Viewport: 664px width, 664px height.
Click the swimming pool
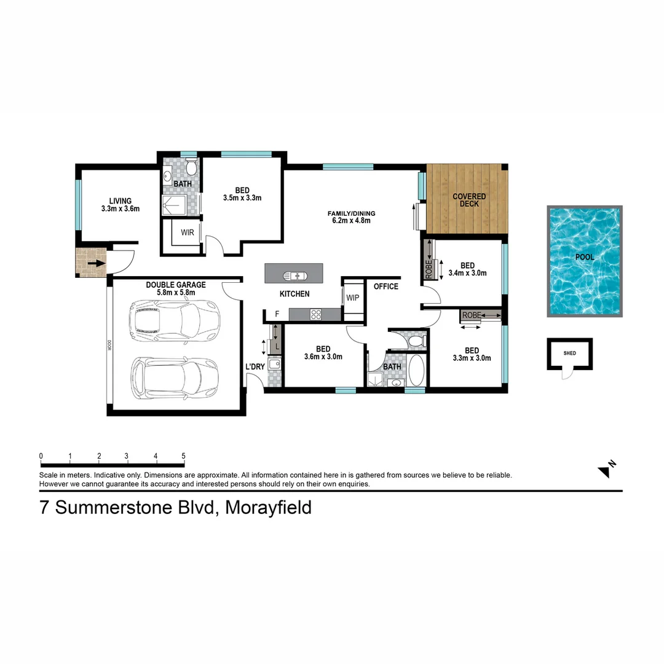(585, 261)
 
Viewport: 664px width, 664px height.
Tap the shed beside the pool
(570, 354)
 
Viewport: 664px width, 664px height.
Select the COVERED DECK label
(469, 200)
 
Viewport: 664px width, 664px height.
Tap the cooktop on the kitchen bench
(316, 314)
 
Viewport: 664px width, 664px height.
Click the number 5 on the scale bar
(183, 456)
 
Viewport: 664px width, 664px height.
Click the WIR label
(188, 233)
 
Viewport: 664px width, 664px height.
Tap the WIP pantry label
(353, 298)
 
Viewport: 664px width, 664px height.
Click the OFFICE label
(386, 287)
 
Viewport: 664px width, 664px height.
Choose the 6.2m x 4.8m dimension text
(351, 221)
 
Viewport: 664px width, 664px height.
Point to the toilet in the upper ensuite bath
(191, 167)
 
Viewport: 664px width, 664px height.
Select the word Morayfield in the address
(268, 508)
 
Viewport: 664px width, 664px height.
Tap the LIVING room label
(120, 201)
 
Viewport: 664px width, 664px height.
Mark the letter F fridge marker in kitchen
(277, 314)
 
